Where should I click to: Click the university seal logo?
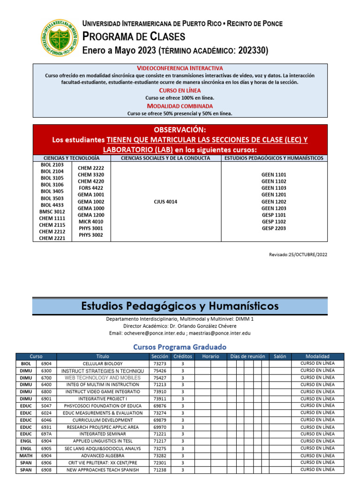coord(59,38)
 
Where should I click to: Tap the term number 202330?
coord(253,51)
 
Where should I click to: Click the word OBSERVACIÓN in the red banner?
coord(180,129)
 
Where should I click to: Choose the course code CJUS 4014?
coord(165,202)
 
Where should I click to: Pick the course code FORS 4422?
coord(91,188)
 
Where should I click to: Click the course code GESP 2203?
coord(274,228)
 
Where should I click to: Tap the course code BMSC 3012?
coord(52,211)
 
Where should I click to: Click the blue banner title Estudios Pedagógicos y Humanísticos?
coord(180,306)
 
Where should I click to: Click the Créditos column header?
coord(182,356)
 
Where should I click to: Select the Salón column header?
coord(280,356)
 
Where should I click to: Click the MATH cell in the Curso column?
coord(26,455)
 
